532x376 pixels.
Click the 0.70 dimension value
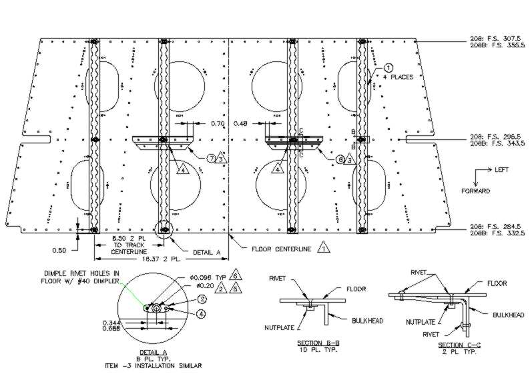tap(217, 123)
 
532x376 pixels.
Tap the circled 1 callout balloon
tap(388, 67)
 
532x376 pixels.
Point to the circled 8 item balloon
tap(339, 159)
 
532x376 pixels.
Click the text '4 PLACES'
tap(398, 77)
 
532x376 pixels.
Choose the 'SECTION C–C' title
tap(457, 344)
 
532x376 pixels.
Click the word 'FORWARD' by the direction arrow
tap(476, 191)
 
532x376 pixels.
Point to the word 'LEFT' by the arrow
tap(501, 170)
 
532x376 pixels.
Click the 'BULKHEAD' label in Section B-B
tap(367, 321)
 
